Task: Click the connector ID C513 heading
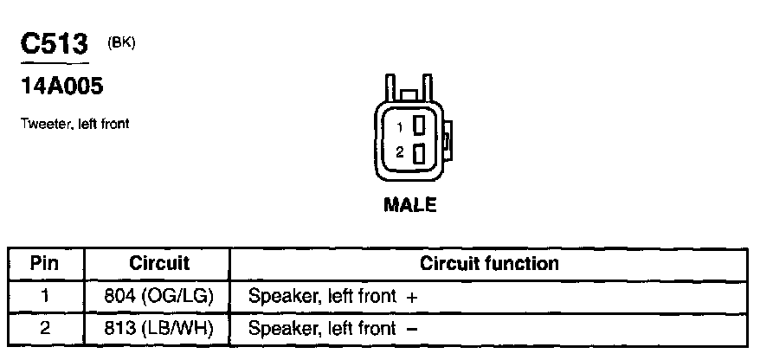tap(54, 46)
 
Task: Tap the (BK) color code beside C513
tap(121, 44)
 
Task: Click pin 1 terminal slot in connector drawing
tap(419, 125)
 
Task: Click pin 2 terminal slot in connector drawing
tap(419, 153)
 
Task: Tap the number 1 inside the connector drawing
tap(399, 125)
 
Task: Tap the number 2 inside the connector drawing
tap(399, 153)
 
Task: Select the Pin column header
tap(45, 263)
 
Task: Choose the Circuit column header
tap(158, 263)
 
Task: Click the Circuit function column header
tap(489, 263)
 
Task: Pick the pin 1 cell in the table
tap(45, 296)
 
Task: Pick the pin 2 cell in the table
tap(45, 329)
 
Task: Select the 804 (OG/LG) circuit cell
tap(158, 296)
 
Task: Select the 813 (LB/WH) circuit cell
tap(158, 329)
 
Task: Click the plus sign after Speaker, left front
tap(412, 297)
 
